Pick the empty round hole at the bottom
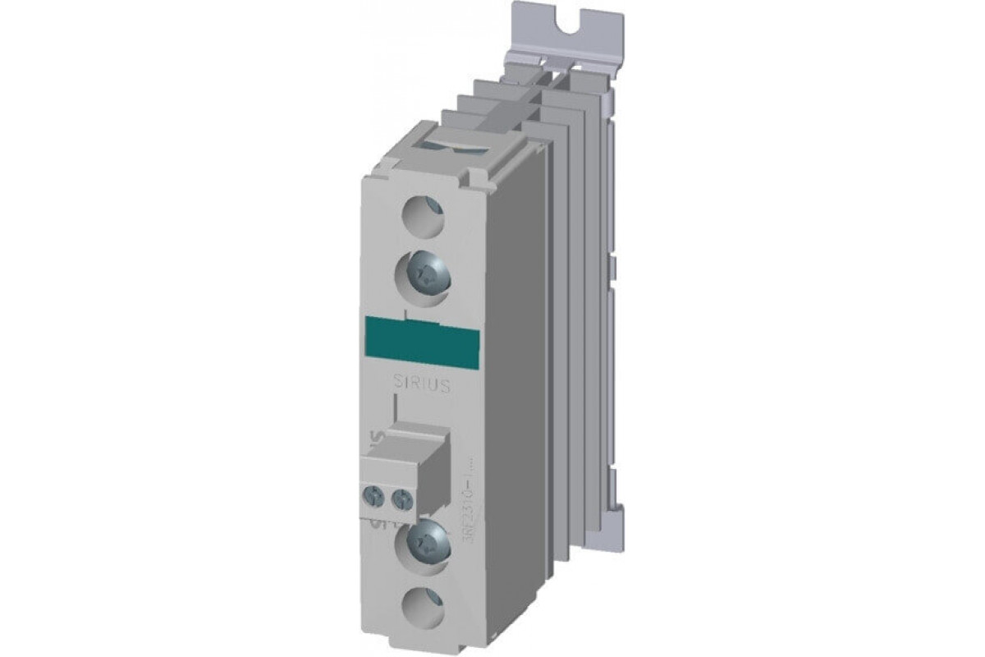(423, 609)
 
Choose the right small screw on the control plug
(401, 495)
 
